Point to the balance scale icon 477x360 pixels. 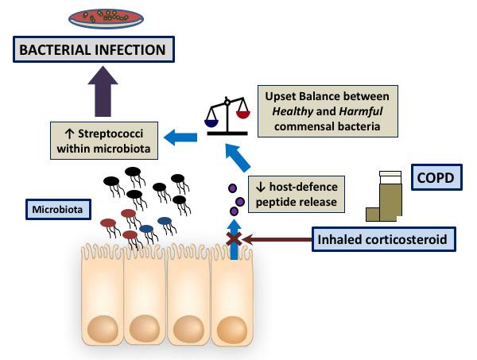tap(229, 115)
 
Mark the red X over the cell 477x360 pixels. tap(234, 237)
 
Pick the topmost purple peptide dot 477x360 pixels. tap(231, 188)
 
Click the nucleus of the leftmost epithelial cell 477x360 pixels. tap(103, 326)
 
